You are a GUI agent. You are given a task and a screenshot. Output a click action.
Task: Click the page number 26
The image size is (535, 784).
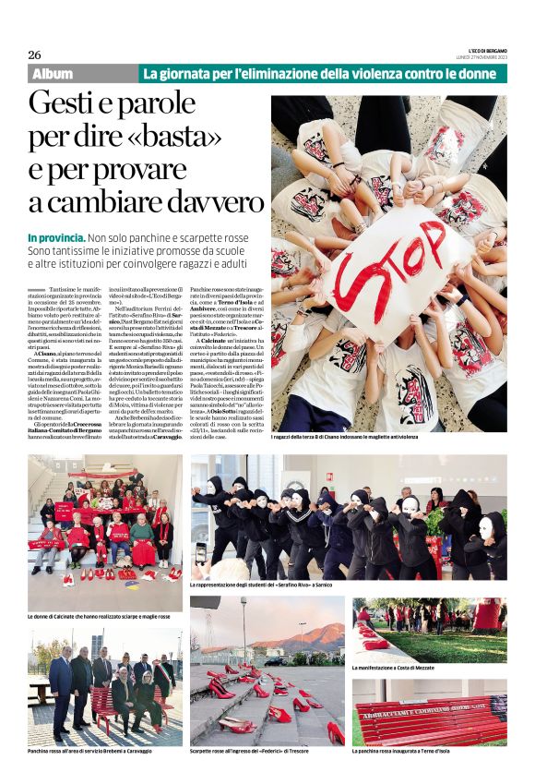pyautogui.click(x=35, y=54)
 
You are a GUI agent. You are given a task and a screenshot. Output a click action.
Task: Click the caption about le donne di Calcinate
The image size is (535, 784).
pyautogui.click(x=100, y=616)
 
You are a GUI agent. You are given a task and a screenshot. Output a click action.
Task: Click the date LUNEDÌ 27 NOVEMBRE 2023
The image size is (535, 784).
pyautogui.click(x=480, y=56)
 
